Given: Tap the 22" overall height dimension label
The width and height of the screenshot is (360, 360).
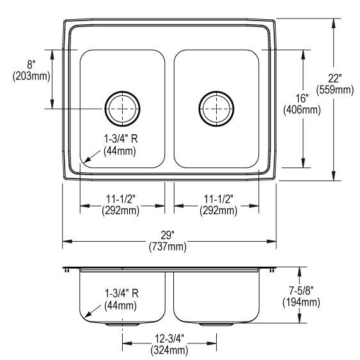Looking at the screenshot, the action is click(335, 79).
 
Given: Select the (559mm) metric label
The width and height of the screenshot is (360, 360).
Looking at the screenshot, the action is click(335, 90).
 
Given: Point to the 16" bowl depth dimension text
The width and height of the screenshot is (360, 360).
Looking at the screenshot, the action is click(302, 98).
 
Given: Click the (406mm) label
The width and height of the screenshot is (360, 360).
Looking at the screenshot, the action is click(302, 110).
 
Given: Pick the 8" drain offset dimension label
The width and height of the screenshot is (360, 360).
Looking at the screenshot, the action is click(31, 65).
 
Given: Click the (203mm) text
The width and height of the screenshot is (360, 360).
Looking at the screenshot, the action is click(31, 76).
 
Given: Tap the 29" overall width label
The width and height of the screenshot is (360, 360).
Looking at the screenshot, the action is click(168, 235).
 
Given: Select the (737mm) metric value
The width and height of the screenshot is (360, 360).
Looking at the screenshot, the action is click(168, 247).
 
